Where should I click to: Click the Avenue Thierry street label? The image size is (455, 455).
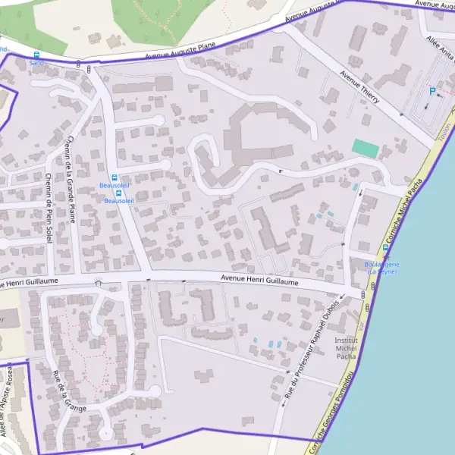coord(359,89)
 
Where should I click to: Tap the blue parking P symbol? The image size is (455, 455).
coord(433,91)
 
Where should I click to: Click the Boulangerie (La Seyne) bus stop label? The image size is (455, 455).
coord(382,268)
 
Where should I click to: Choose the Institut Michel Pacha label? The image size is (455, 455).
coord(346,348)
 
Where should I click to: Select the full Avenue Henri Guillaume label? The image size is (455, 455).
coord(259,281)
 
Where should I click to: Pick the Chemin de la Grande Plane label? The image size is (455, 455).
coord(72,174)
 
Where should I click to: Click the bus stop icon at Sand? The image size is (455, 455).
coord(36,55)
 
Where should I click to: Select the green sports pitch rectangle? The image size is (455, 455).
coord(366,149)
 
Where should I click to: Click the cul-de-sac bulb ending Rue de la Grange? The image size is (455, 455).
coord(154,391)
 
